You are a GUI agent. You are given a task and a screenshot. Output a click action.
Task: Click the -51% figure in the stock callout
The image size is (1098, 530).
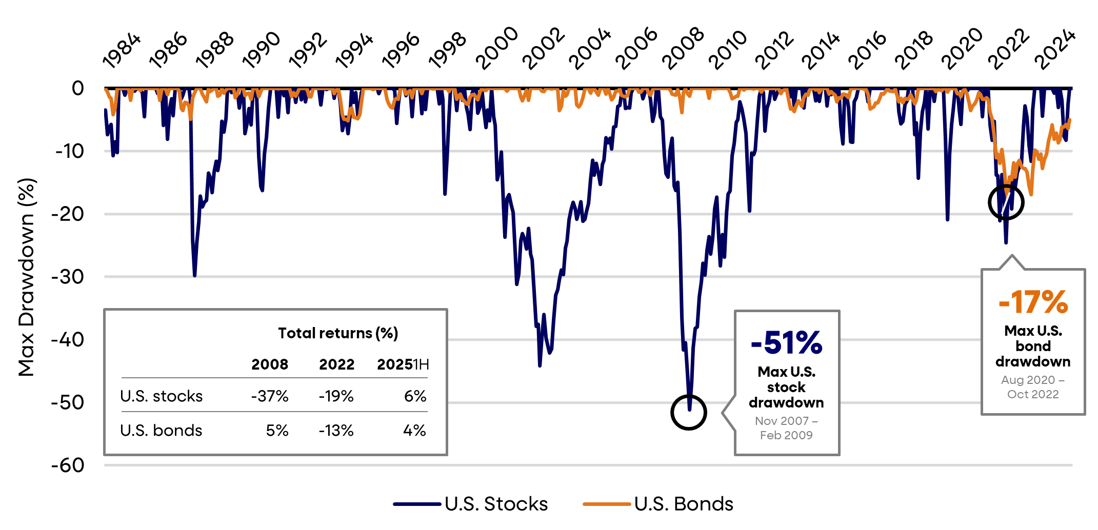(786, 343)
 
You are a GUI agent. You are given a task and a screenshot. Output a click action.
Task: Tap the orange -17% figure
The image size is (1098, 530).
(1033, 302)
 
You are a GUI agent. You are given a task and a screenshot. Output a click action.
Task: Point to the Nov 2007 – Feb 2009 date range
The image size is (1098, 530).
(786, 428)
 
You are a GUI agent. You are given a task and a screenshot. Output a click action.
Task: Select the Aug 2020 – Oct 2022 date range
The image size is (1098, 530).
(1033, 387)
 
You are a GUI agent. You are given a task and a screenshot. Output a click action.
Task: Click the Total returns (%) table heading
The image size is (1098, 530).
(338, 333)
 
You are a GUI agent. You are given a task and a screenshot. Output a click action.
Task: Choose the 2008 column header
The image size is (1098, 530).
(270, 364)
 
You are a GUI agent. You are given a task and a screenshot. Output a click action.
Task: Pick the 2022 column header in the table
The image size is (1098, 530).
(336, 364)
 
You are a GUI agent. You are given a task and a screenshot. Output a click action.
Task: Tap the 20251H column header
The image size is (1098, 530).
(403, 364)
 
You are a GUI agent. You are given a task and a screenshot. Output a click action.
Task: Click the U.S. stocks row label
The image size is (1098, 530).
(162, 396)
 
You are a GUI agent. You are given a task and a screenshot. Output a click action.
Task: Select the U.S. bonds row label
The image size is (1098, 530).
(162, 431)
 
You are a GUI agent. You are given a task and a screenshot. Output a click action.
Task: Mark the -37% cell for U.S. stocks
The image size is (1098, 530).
(270, 396)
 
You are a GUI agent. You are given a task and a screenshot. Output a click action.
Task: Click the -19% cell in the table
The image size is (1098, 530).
(336, 396)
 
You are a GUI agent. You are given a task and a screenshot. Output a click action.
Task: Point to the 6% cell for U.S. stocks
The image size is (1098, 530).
(415, 396)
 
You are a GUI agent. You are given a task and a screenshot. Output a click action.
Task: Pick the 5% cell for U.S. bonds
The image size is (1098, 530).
(277, 431)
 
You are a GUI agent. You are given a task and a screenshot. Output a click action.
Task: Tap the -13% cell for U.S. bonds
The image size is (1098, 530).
(336, 431)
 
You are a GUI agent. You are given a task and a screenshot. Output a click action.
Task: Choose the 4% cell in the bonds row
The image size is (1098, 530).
(414, 431)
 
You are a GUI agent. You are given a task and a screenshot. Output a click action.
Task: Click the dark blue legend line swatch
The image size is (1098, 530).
(417, 504)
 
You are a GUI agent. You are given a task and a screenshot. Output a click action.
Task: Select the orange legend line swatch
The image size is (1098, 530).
(607, 504)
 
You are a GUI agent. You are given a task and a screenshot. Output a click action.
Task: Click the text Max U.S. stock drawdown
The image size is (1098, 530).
(786, 387)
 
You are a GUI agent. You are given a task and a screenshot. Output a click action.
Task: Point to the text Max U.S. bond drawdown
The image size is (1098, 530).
(1033, 346)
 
